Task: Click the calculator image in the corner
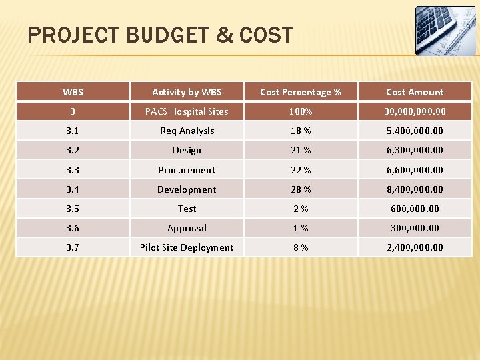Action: tap(445, 31)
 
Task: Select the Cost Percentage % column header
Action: tap(301, 92)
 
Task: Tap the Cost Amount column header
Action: tap(415, 92)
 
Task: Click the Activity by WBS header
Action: tap(187, 92)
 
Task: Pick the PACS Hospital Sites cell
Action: tap(187, 111)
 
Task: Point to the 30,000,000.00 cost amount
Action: tap(415, 111)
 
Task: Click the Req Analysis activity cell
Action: tap(187, 131)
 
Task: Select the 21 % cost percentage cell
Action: tap(301, 150)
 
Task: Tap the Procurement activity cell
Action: tap(187, 170)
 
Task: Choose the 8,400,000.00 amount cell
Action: tap(415, 189)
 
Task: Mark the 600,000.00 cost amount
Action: tap(415, 209)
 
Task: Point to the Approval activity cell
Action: tap(187, 228)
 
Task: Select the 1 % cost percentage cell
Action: tap(301, 228)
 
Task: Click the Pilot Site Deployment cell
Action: tap(187, 247)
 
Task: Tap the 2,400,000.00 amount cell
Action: tap(415, 247)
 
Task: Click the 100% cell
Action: tap(301, 111)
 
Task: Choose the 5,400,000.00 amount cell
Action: tap(415, 131)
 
